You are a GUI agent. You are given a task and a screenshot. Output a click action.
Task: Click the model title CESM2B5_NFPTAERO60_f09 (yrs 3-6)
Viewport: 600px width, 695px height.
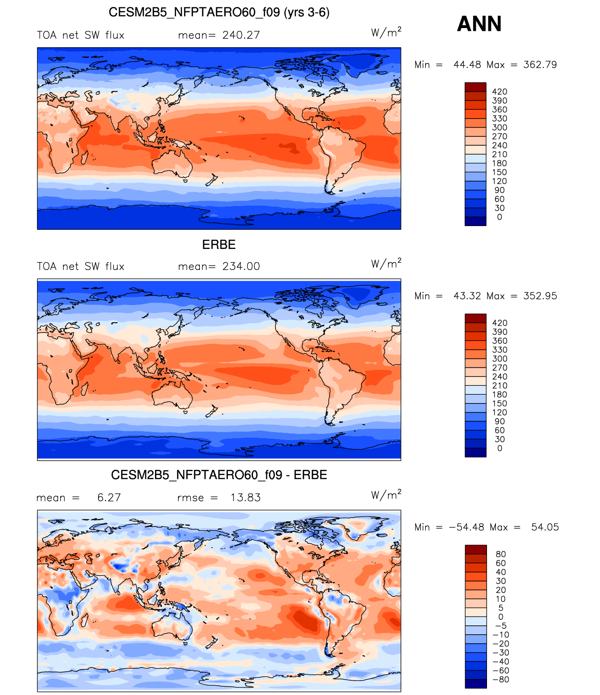coord(219,13)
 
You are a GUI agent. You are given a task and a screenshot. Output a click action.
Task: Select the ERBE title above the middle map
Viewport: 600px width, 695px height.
coord(219,244)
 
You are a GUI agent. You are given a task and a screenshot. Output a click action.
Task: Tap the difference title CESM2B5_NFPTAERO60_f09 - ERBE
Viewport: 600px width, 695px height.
coord(219,475)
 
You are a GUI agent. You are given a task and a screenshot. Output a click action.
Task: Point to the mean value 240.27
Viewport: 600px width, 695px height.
coord(241,35)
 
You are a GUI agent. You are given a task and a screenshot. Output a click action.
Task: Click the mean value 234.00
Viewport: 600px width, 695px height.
coord(241,266)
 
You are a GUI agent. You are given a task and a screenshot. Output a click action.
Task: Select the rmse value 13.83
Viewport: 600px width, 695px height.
coord(246,497)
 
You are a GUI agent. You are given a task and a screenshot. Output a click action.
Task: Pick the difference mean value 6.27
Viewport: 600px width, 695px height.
coord(109,497)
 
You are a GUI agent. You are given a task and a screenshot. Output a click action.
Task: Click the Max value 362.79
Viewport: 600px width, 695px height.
coord(540,64)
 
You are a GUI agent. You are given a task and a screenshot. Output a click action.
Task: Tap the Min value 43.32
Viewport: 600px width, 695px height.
coord(467,296)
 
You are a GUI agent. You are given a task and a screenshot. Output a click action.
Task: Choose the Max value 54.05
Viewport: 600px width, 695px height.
coord(545,527)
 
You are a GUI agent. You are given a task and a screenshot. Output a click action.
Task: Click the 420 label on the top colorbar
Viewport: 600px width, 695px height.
coord(500,92)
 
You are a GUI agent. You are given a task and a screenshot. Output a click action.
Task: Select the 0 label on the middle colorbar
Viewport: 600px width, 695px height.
coord(500,448)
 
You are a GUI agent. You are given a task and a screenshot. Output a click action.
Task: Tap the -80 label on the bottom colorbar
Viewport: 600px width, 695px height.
coord(501,680)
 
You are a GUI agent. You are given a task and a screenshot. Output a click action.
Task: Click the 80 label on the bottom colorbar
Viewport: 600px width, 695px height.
coord(501,554)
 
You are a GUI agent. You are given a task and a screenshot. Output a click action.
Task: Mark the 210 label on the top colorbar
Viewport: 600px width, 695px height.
coord(500,154)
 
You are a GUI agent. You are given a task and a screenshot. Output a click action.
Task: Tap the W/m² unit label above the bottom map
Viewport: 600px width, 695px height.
coord(386,495)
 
